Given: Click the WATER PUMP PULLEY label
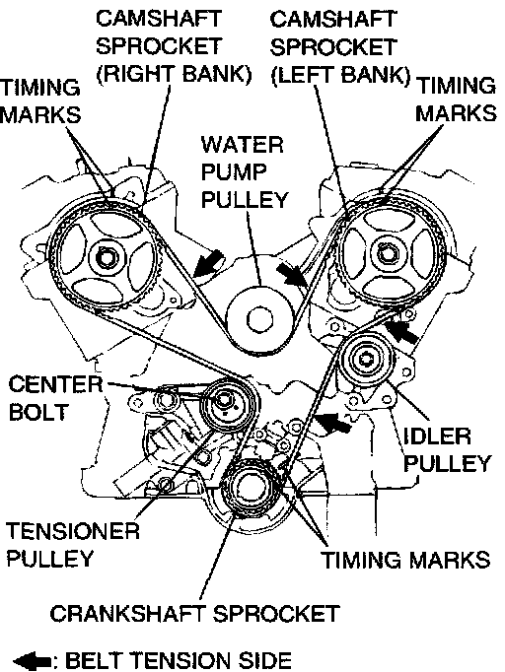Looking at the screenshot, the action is click(244, 171).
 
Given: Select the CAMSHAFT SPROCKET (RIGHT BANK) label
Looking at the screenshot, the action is click(173, 46).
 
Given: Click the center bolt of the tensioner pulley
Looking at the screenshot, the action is click(225, 400).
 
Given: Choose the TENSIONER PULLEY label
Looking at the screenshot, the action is click(73, 544).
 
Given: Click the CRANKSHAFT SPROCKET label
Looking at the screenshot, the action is click(194, 614).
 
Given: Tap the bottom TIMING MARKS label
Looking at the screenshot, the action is click(405, 560).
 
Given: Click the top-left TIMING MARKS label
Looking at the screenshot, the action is click(39, 101).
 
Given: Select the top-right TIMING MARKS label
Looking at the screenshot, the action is click(456, 100).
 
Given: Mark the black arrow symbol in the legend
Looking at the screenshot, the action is click(33, 661).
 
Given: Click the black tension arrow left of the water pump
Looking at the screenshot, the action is click(208, 263).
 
